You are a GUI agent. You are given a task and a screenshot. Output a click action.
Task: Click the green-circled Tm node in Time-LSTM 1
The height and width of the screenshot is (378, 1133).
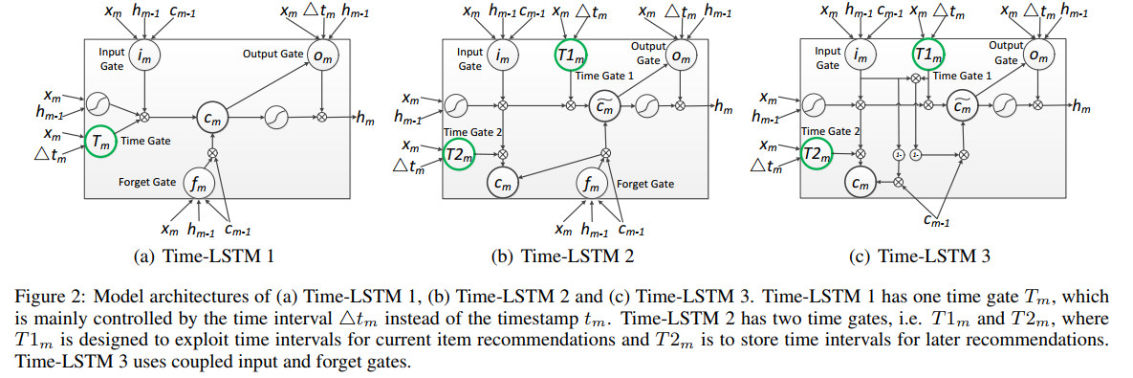tap(100, 142)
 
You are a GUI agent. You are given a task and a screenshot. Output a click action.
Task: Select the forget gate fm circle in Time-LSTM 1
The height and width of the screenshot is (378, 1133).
tap(198, 185)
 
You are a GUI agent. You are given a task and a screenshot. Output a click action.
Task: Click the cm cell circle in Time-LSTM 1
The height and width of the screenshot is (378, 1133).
tap(212, 118)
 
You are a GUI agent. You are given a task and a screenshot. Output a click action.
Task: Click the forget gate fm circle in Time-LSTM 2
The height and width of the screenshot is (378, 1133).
tap(593, 182)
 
